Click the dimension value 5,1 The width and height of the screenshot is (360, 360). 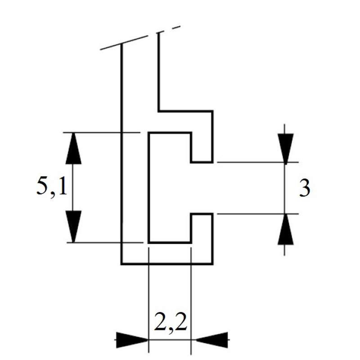pyautogui.click(x=52, y=186)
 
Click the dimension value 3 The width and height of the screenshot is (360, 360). pyautogui.click(x=305, y=188)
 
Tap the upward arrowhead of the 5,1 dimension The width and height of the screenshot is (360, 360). pyautogui.click(x=73, y=148)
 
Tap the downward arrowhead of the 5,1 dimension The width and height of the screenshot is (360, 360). pyautogui.click(x=73, y=226)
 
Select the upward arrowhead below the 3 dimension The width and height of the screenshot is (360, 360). pyautogui.click(x=285, y=229)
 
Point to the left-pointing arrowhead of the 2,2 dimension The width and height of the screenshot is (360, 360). pyautogui.click(x=211, y=340)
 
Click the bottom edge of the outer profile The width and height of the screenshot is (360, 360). pyautogui.click(x=167, y=264)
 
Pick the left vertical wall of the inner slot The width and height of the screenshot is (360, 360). pyautogui.click(x=149, y=187)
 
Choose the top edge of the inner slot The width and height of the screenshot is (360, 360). pyautogui.click(x=170, y=133)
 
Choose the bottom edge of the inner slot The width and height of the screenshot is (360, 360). pyautogui.click(x=170, y=242)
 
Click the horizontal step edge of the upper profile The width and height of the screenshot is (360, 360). pyautogui.click(x=185, y=111)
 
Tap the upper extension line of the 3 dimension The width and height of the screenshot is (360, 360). pyautogui.click(x=257, y=162)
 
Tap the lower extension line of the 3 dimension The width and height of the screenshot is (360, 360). pyautogui.click(x=257, y=214)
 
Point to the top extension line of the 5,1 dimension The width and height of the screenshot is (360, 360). pyautogui.click(x=102, y=132)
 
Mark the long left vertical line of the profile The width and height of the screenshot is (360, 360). pyautogui.click(x=121, y=153)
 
